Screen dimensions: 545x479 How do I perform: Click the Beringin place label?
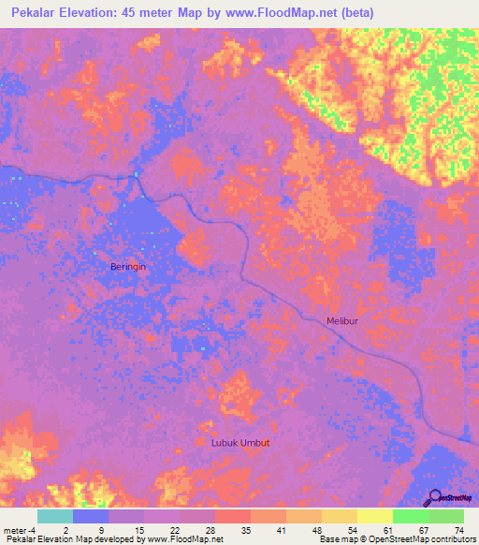128,267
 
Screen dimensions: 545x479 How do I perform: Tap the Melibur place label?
343,321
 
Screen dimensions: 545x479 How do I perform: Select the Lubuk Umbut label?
240,441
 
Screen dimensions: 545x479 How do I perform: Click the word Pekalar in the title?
35,12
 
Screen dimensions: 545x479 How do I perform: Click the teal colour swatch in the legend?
55,516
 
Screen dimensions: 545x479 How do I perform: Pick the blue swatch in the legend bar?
91,516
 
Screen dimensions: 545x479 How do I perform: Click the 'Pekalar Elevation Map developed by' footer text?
69,539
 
